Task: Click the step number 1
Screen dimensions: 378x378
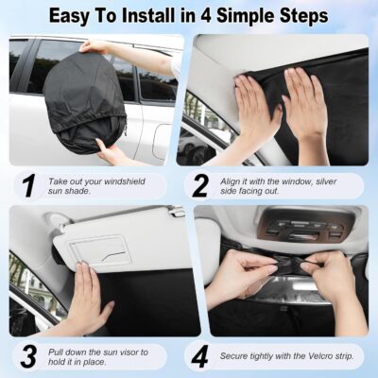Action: (x=28, y=184)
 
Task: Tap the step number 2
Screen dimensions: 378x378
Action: (x=199, y=184)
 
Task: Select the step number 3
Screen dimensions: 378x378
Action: (x=28, y=356)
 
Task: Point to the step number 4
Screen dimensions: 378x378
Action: (x=200, y=356)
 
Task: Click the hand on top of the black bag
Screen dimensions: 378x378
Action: (x=95, y=45)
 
